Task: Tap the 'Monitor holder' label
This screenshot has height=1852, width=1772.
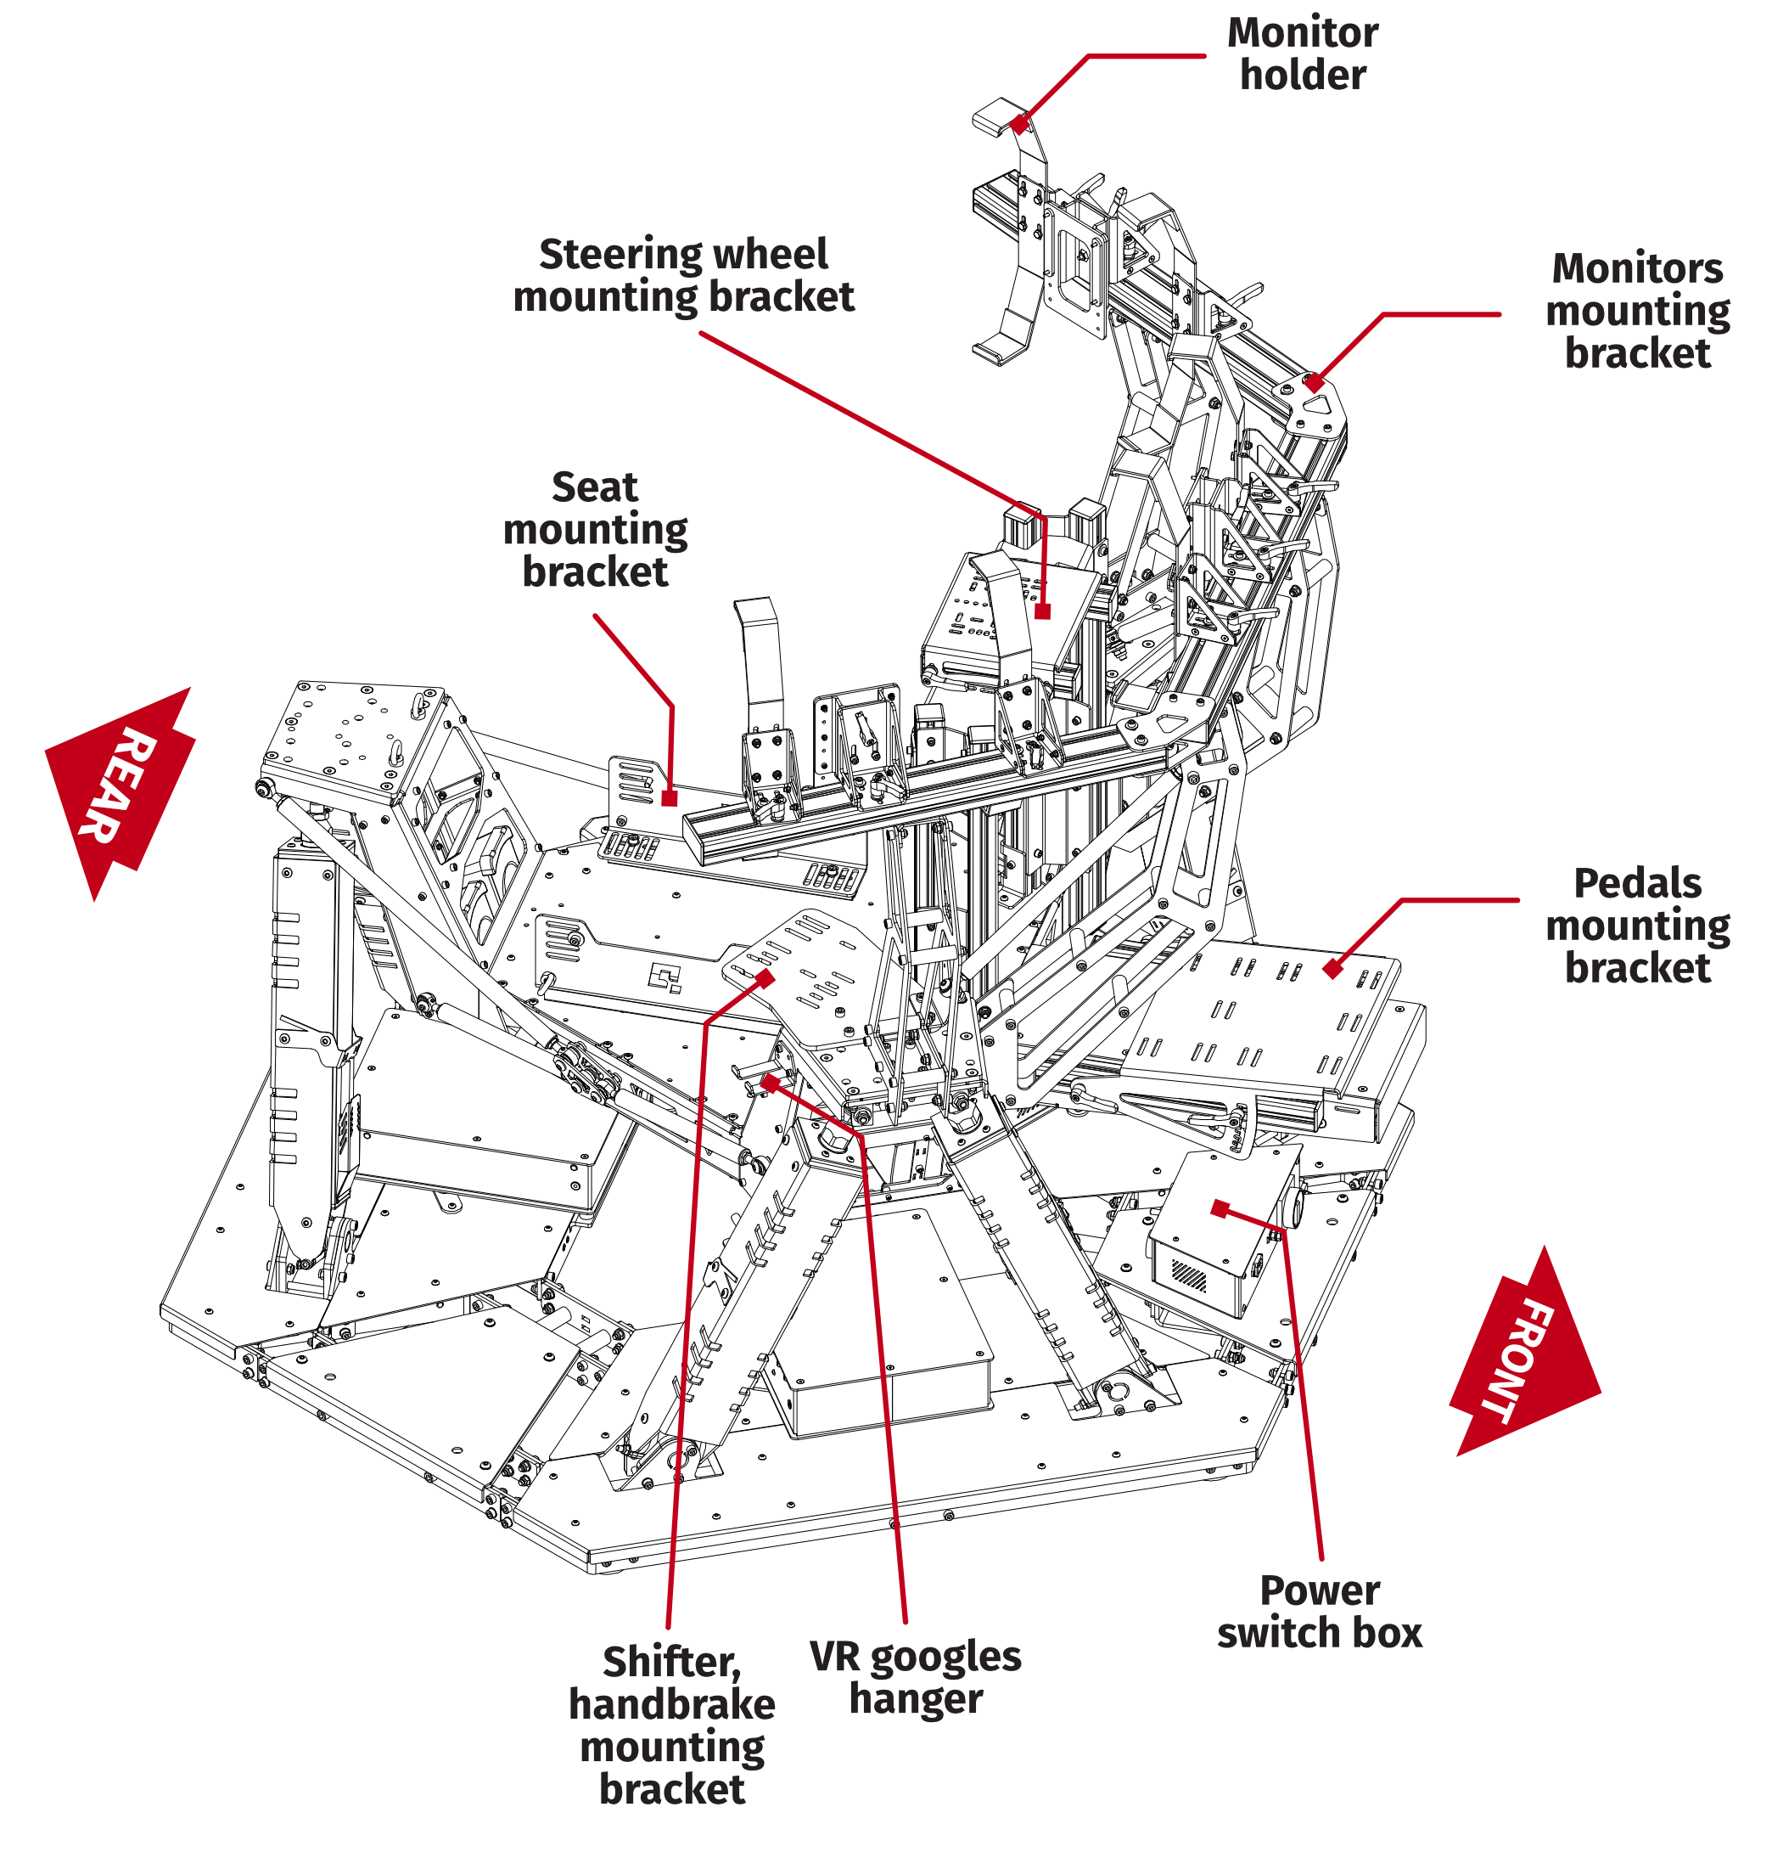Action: [1302, 53]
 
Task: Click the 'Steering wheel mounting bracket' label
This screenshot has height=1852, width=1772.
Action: [683, 275]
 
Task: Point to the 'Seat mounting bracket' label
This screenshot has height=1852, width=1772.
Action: [595, 530]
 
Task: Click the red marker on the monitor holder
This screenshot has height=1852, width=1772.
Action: [1018, 124]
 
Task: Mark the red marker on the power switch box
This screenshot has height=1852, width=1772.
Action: [1220, 1208]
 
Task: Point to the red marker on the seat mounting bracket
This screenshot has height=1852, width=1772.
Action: [669, 798]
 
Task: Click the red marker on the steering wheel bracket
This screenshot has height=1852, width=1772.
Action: [1042, 611]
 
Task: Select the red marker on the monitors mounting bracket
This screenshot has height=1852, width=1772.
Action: [1313, 383]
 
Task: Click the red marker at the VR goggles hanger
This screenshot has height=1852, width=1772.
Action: [771, 1082]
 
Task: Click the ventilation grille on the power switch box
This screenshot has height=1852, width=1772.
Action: [1189, 1275]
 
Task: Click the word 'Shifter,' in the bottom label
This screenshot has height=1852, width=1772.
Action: [671, 1662]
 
